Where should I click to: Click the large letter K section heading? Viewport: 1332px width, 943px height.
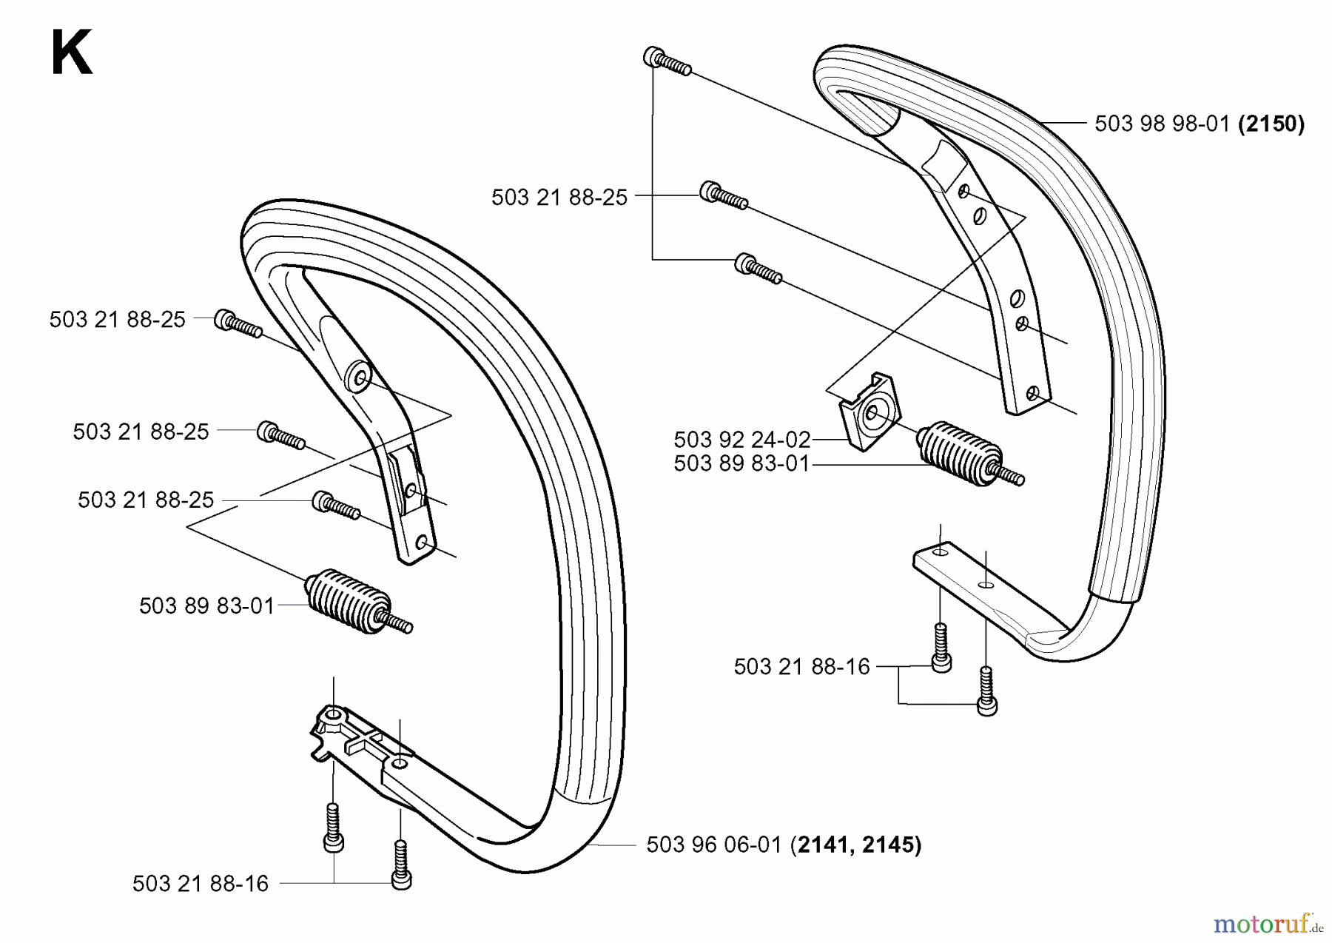pos(72,53)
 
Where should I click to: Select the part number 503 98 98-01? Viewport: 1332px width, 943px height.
pos(1162,124)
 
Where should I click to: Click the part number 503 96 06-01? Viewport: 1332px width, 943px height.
pos(713,845)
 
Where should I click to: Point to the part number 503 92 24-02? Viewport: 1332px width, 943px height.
pos(741,440)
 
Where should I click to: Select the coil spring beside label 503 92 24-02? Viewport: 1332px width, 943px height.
pos(960,454)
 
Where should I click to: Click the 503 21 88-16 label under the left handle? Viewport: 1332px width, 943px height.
pos(200,884)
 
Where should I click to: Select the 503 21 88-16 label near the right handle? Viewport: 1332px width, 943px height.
pos(801,667)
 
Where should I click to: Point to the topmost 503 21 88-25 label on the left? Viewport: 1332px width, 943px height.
pos(117,319)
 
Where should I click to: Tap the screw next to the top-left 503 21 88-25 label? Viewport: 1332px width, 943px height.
pos(238,324)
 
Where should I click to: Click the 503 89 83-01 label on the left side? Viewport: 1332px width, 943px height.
pos(206,605)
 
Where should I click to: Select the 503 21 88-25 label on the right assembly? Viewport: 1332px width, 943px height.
pos(559,197)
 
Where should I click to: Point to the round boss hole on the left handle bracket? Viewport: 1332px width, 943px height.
pos(360,377)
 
